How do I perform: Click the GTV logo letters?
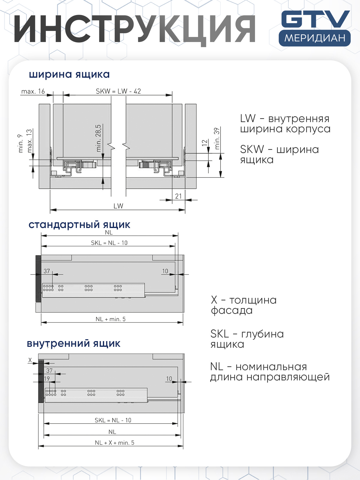pyautogui.click(x=315, y=19)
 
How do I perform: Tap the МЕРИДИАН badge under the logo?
pyautogui.click(x=315, y=38)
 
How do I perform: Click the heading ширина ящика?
pyautogui.click(x=69, y=74)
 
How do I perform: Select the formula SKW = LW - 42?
pyautogui.click(x=118, y=91)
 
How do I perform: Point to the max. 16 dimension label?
pyautogui.click(x=33, y=91)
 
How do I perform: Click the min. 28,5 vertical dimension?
pyautogui.click(x=98, y=138)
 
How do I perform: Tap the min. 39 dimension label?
pyautogui.click(x=217, y=138)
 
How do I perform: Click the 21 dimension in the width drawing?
pyautogui.click(x=178, y=196)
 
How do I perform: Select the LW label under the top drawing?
pyautogui.click(x=118, y=206)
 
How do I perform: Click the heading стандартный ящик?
pyautogui.click(x=79, y=225)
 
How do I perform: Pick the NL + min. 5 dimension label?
pyautogui.click(x=110, y=319)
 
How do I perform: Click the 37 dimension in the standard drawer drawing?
pyautogui.click(x=47, y=271)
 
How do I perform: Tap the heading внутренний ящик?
pyautogui.click(x=74, y=343)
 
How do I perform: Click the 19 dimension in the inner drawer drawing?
pyautogui.click(x=47, y=379)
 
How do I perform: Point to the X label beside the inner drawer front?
pyautogui.click(x=30, y=360)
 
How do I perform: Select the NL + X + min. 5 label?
pyautogui.click(x=114, y=443)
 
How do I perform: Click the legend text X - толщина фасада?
pyautogui.click(x=243, y=305)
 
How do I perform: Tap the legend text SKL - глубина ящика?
pyautogui.click(x=247, y=339)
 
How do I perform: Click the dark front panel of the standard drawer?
pyautogui.click(x=38, y=278)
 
